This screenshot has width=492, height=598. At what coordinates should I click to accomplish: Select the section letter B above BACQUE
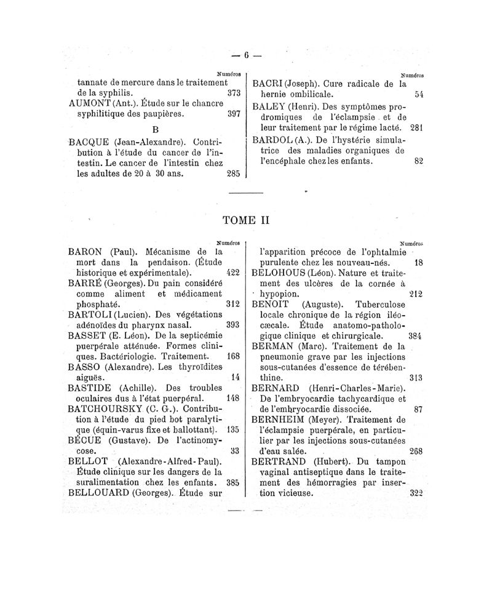(x=155, y=130)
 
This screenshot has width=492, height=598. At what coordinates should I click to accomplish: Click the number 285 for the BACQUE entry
(x=232, y=173)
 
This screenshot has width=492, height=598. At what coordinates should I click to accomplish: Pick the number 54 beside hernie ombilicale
(x=419, y=95)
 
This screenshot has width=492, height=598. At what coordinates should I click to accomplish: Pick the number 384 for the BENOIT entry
(x=415, y=336)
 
